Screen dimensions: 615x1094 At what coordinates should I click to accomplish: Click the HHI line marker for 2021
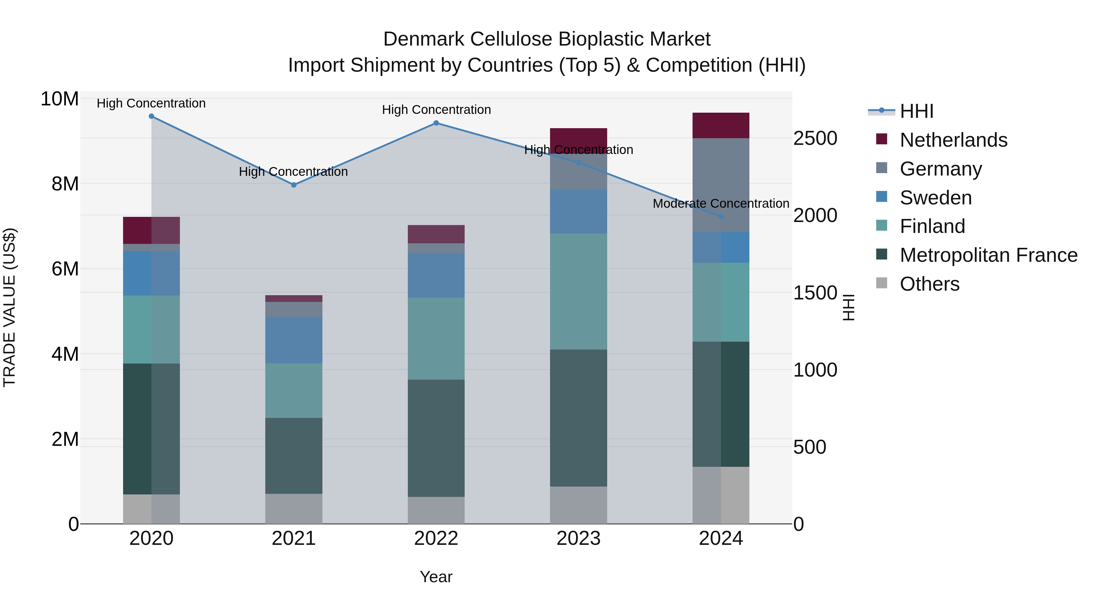pyautogui.click(x=294, y=185)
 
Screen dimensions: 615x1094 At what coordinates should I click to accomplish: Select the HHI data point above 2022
pyautogui.click(x=436, y=123)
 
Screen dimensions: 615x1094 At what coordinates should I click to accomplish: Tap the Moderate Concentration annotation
pyautogui.click(x=721, y=204)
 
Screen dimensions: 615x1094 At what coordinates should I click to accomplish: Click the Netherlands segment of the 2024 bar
pyautogui.click(x=721, y=126)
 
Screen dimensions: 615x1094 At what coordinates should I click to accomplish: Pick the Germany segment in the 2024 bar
pyautogui.click(x=721, y=185)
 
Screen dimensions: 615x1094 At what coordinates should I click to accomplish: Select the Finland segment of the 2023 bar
pyautogui.click(x=578, y=292)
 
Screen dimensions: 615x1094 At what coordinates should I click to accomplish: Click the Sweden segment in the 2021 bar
pyautogui.click(x=294, y=340)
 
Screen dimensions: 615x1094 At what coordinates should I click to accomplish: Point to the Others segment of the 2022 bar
pyautogui.click(x=436, y=510)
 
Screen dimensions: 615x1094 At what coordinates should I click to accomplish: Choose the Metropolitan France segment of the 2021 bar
pyautogui.click(x=294, y=456)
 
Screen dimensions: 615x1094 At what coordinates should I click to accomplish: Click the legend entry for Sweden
pyautogui.click(x=936, y=198)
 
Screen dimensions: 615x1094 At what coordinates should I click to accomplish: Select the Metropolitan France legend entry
pyautogui.click(x=988, y=255)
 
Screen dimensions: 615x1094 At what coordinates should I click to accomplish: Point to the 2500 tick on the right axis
pyautogui.click(x=815, y=138)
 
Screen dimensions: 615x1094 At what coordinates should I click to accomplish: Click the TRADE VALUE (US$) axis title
pyautogui.click(x=10, y=307)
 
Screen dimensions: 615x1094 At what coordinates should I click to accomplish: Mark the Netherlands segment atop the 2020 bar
pyautogui.click(x=151, y=231)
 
